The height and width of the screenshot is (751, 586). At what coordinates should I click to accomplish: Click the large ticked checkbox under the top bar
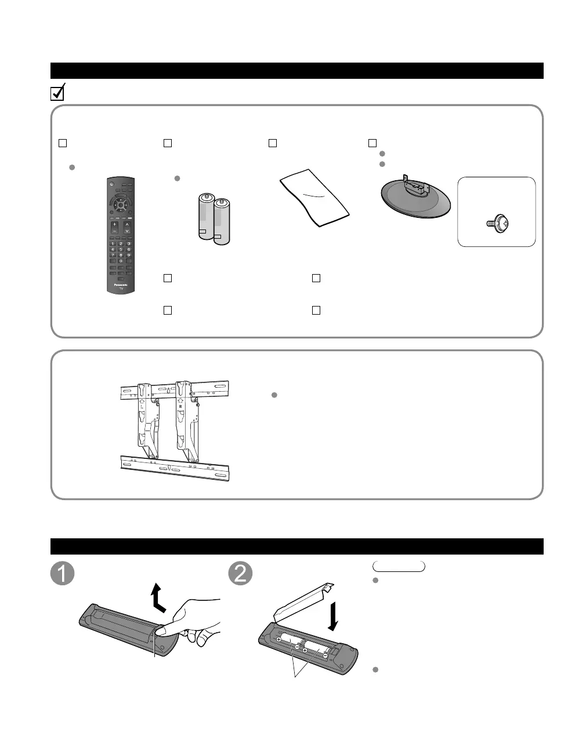[57, 93]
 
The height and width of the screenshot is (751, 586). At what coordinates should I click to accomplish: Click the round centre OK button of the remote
[120, 203]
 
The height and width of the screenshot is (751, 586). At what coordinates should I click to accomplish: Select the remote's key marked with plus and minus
[113, 227]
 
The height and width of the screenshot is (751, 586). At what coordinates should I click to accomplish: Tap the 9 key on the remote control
[128, 255]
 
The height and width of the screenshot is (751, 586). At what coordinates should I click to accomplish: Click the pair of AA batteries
[214, 219]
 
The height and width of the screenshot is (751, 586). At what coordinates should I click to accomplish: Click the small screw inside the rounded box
[497, 221]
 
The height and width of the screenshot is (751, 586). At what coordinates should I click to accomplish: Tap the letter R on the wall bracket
[180, 414]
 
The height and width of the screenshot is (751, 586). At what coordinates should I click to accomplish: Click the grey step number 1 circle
[62, 573]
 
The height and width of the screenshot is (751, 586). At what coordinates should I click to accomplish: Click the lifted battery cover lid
[302, 601]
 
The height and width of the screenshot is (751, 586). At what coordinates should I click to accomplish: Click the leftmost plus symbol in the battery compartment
[279, 639]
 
